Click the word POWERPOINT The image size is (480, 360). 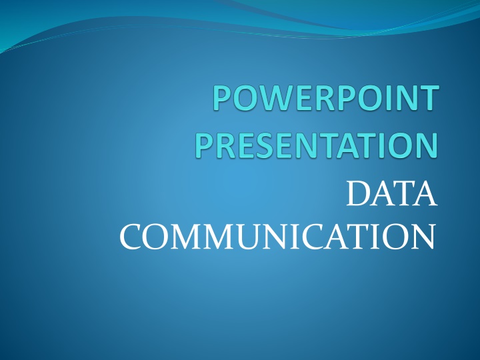tap(326, 97)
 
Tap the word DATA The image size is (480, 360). tap(391, 194)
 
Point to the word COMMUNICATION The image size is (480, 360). tap(277, 236)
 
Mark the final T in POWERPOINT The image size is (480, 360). tap(429, 97)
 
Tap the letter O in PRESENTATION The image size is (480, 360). tap(397, 145)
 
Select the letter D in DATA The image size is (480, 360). tap(359, 194)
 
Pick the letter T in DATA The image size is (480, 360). tap(403, 194)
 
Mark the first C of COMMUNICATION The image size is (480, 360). tap(131, 237)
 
